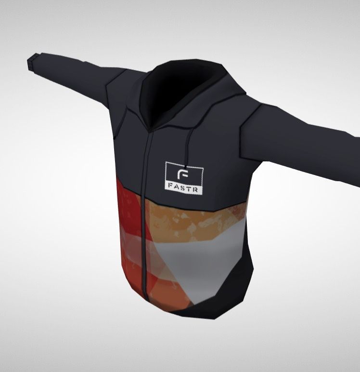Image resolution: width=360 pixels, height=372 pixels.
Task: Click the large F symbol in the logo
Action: pyautogui.click(x=182, y=174)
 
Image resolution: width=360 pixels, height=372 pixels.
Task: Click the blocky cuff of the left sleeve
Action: pyautogui.click(x=33, y=62)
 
